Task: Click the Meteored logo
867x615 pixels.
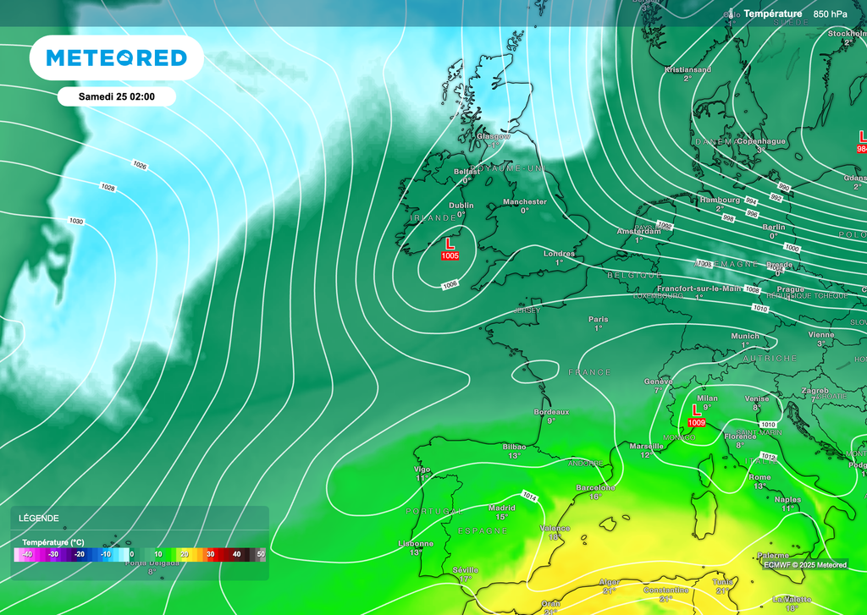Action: [116, 58]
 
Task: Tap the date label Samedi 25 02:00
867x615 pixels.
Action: [116, 96]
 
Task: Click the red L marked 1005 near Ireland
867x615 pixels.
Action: [450, 244]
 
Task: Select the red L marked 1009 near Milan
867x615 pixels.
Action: [697, 410]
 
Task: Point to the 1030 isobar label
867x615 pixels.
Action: [76, 221]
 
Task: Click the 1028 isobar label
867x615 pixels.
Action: [108, 187]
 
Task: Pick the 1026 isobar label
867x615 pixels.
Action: [140, 165]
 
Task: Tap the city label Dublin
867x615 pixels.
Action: [461, 206]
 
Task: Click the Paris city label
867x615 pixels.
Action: [598, 319]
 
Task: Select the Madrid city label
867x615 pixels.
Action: [501, 508]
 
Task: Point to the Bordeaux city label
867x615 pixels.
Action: [551, 412]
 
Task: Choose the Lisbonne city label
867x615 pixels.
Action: [416, 543]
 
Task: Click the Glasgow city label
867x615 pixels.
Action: [494, 136]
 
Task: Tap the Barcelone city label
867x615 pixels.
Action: [595, 487]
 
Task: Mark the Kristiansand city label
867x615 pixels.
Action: [688, 69]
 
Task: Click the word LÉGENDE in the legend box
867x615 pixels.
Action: [39, 518]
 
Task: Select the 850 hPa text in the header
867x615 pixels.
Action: [830, 14]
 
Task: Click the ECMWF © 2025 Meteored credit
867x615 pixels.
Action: [804, 564]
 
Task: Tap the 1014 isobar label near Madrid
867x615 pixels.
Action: [530, 496]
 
